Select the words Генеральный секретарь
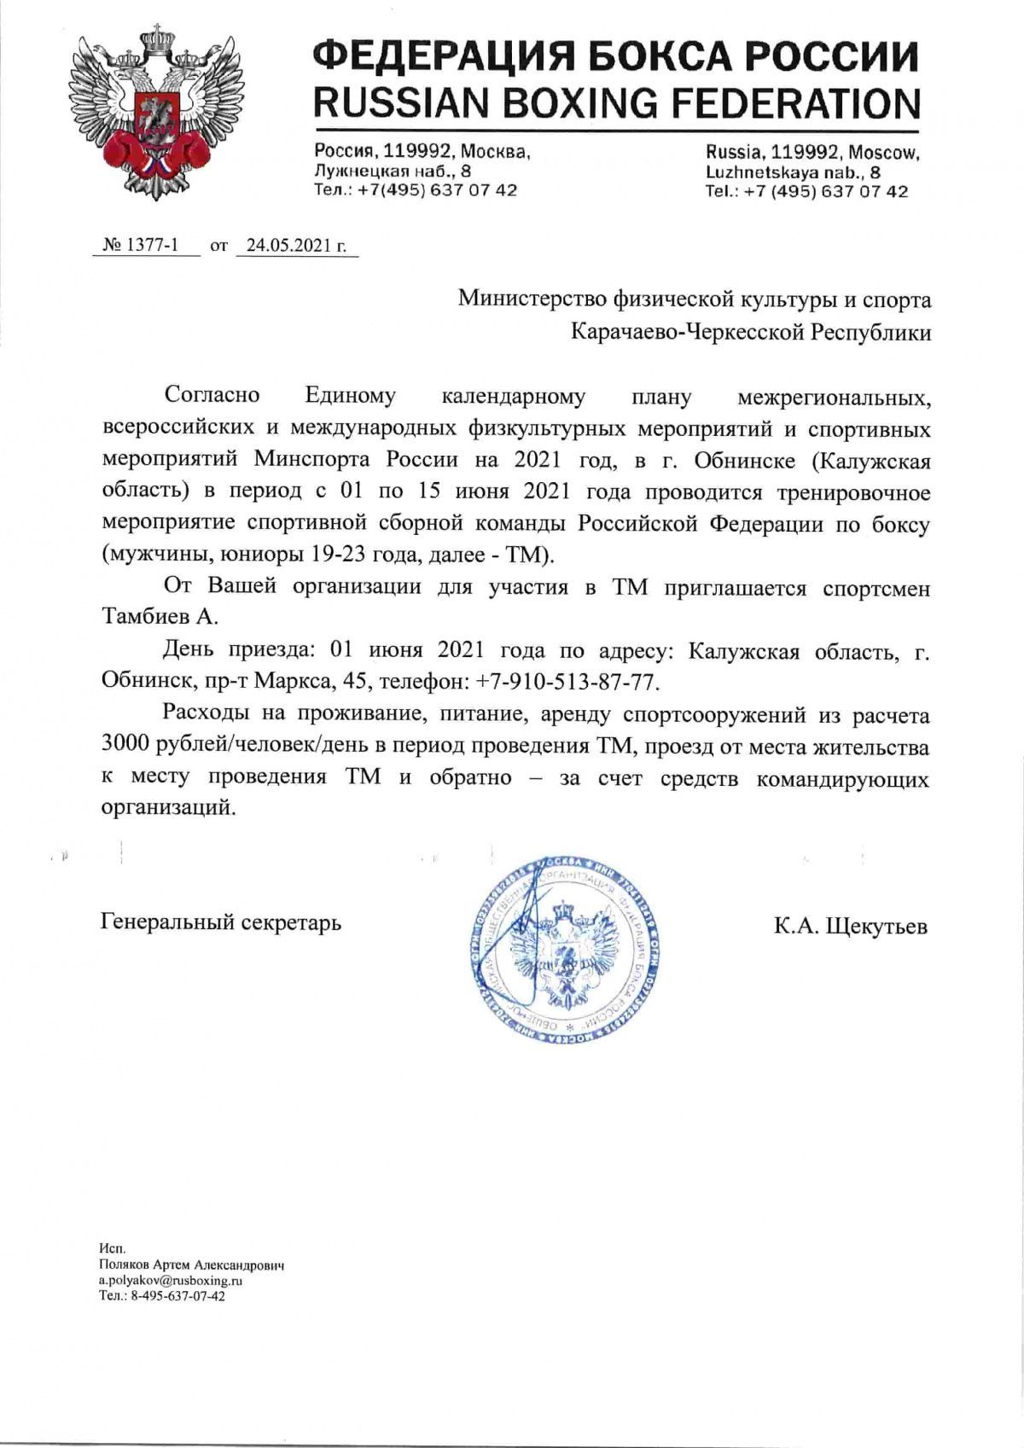(x=221, y=922)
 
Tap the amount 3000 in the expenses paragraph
(x=125, y=746)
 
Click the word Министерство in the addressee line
(x=532, y=299)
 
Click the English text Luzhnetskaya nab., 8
(x=793, y=172)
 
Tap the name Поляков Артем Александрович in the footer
(x=191, y=1265)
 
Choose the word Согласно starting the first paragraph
(x=212, y=396)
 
